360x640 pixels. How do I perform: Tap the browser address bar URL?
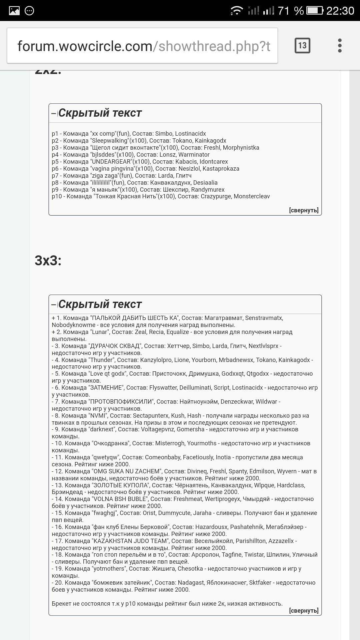pos(144,46)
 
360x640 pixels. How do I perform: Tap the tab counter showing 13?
pos(302,46)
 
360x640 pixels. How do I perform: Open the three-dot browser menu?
pos(340,46)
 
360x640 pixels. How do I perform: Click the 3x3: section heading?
pos(48,261)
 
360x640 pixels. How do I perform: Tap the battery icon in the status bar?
pos(315,11)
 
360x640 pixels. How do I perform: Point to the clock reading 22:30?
pos(340,11)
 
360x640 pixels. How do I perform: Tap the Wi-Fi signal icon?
pos(237,11)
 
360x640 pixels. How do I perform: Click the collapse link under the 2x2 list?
pos(304,210)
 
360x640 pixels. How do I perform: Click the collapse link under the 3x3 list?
pos(304,611)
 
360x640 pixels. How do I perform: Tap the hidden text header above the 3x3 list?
pos(100,304)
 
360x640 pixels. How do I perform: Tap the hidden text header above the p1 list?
pos(100,113)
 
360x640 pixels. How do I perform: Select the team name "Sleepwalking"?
pos(110,141)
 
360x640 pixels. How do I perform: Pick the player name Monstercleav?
pos(252,196)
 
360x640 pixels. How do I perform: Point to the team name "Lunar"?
pos(100,332)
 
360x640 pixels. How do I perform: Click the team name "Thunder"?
pos(102,360)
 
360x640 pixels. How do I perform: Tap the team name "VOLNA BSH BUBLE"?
pos(120,499)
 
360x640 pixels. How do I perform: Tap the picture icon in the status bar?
pos(14,11)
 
